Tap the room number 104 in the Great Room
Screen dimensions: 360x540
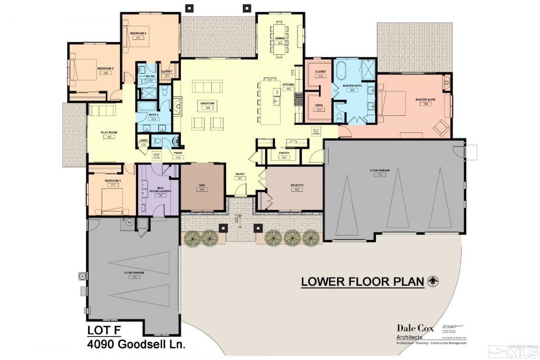coord(208,108)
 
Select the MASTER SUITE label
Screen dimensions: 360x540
coord(425,100)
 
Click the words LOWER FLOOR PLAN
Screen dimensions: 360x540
coord(362,282)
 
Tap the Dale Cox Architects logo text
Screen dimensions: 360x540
coord(415,331)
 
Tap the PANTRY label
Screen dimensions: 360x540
coord(283,153)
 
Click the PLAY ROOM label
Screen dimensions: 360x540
coord(108,133)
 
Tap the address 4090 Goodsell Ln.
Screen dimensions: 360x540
coord(136,344)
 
